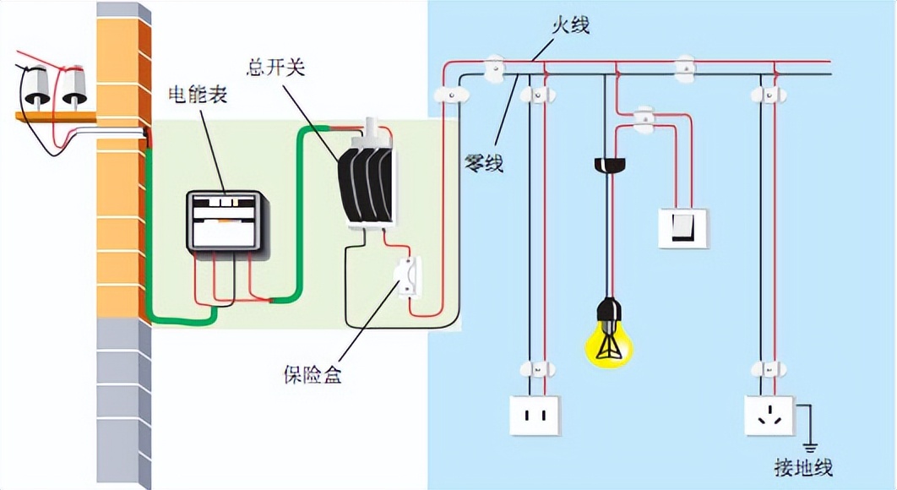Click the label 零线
[484, 162]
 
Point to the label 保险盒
[313, 374]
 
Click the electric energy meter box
[223, 220]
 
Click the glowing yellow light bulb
[609, 342]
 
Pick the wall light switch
[682, 226]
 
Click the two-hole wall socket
[534, 415]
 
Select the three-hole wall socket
[769, 415]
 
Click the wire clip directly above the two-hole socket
[535, 369]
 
